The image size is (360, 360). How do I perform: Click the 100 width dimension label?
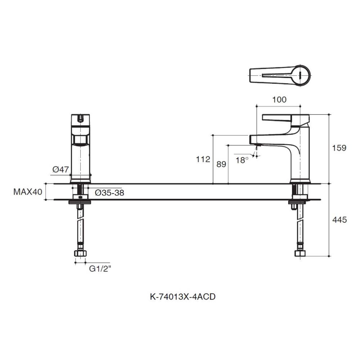click(x=279, y=100)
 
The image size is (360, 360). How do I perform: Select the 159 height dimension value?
click(x=339, y=148)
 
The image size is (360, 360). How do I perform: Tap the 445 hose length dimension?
click(x=339, y=220)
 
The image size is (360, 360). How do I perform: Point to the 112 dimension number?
click(x=203, y=159)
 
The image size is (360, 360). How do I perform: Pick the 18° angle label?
click(x=242, y=160)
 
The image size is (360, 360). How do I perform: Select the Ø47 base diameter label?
click(x=60, y=169)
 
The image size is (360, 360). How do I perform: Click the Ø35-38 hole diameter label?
click(x=109, y=193)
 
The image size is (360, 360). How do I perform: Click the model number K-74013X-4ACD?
click(x=183, y=297)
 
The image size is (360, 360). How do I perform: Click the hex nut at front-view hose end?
click(x=80, y=253)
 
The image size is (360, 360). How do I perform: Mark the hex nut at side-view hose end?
click(x=300, y=253)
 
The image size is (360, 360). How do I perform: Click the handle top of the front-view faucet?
click(x=80, y=119)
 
